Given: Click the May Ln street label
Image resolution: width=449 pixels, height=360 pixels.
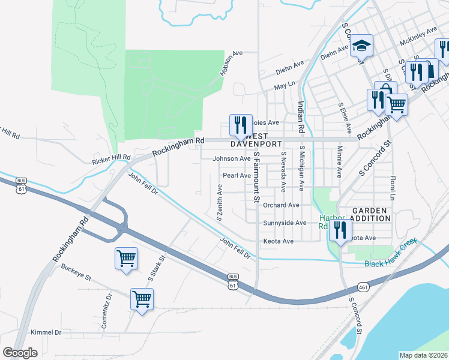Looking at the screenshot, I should pyautogui.click(x=285, y=86).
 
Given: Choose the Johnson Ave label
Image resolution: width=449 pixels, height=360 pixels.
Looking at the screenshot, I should pyautogui.click(x=231, y=159).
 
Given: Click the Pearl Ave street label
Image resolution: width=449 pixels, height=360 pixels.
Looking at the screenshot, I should pyautogui.click(x=237, y=176).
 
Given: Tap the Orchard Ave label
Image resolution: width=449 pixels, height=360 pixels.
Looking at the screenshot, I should pyautogui.click(x=281, y=205).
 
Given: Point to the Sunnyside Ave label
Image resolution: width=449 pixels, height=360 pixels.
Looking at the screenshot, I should pyautogui.click(x=285, y=223).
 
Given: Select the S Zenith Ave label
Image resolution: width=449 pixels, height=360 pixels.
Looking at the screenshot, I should pyautogui.click(x=220, y=203).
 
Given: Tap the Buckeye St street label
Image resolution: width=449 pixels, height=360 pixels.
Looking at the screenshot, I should pyautogui.click(x=76, y=278).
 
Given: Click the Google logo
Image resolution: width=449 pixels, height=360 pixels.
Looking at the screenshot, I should pyautogui.click(x=20, y=353).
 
